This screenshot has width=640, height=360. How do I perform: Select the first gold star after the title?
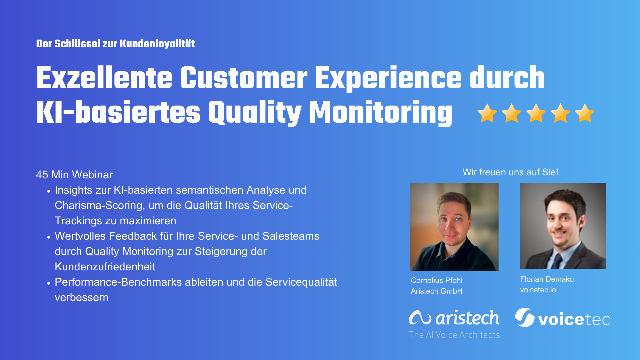pos(487,113)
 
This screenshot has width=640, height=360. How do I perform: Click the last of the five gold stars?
pos(585,113)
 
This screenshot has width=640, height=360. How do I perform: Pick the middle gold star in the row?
pos(536,113)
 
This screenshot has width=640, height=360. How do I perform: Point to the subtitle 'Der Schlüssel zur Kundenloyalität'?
pos(115,44)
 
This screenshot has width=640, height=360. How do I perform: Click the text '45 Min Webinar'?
pos(74,175)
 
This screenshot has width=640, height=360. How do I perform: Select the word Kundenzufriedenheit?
pos(105,267)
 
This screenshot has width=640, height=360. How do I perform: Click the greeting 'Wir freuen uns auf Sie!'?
pos(510,172)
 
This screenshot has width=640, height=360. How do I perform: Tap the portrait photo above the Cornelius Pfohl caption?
pos(454,227)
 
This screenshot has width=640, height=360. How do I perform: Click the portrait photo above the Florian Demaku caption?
pos(563,226)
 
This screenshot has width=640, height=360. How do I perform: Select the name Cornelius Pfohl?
pos(436,280)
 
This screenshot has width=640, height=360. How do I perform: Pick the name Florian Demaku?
pos(547,279)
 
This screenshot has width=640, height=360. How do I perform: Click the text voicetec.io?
pos(538,290)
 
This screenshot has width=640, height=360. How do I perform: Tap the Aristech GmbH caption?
pos(436,291)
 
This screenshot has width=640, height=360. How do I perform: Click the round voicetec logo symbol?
pos(525,317)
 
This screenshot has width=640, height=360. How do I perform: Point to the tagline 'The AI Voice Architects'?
pos(454,335)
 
